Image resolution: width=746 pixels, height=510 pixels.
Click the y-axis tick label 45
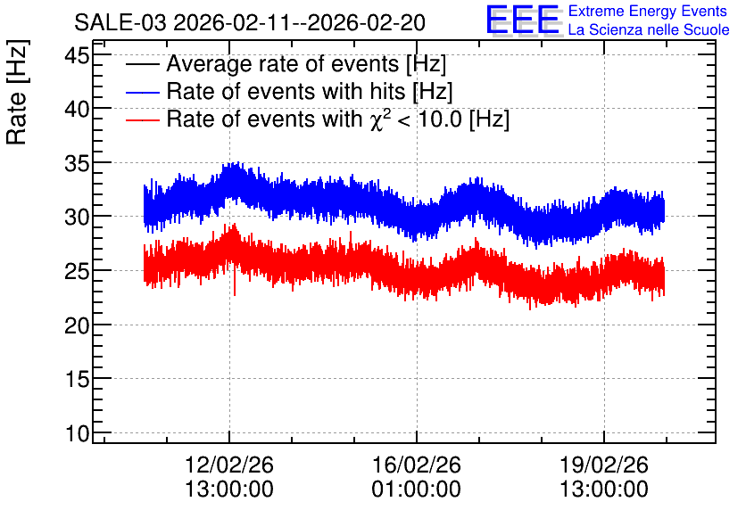[77, 56]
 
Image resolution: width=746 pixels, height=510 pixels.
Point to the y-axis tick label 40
[77, 110]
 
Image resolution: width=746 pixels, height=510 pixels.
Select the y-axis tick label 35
[77, 164]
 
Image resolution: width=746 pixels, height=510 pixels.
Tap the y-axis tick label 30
[77, 218]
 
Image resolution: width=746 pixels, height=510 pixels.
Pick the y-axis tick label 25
[77, 272]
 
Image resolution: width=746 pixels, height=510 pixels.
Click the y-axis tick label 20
[77, 326]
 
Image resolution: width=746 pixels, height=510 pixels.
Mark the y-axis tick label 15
[77, 380]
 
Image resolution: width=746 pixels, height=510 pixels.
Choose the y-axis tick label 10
[77, 434]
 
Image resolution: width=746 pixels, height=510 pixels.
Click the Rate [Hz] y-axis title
[18, 92]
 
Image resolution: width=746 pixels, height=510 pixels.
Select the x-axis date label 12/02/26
[228, 465]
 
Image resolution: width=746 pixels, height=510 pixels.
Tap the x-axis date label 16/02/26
[417, 465]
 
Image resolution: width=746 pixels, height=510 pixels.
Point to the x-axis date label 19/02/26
[604, 465]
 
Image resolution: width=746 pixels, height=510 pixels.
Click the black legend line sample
[142, 64]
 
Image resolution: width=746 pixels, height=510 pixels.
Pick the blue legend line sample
[142, 92]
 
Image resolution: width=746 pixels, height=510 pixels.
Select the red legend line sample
[142, 119]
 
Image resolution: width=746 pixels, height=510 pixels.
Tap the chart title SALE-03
[120, 23]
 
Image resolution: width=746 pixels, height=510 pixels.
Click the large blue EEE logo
[522, 20]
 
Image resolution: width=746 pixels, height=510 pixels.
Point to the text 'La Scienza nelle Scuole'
[649, 29]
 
